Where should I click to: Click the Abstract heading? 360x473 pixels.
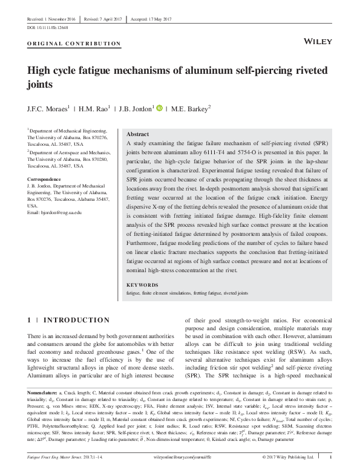[x=137, y=134]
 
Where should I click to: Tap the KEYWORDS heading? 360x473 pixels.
[x=142, y=284]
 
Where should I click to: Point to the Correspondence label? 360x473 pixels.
[x=44, y=180]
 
